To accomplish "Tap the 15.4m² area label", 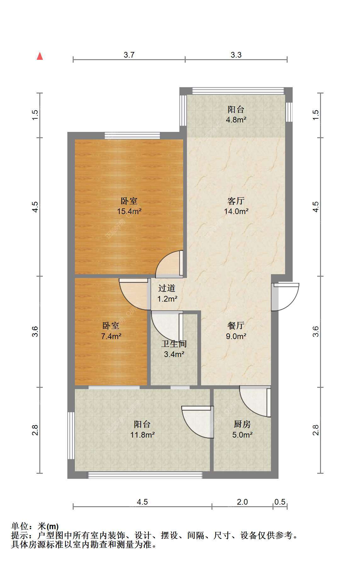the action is [x=129, y=211].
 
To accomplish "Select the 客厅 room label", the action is [x=236, y=201].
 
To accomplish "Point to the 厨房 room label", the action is [x=242, y=424].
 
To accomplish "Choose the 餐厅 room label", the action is [x=236, y=326].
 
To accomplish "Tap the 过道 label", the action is [x=167, y=288].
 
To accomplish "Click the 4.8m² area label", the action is [x=236, y=120].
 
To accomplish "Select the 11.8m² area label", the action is [x=143, y=435].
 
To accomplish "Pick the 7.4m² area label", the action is [x=111, y=336].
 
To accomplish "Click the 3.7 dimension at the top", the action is [x=129, y=55].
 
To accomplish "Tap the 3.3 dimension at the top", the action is [x=236, y=55].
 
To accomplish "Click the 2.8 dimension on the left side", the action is [x=35, y=430].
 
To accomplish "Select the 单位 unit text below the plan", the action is [x=20, y=526].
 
